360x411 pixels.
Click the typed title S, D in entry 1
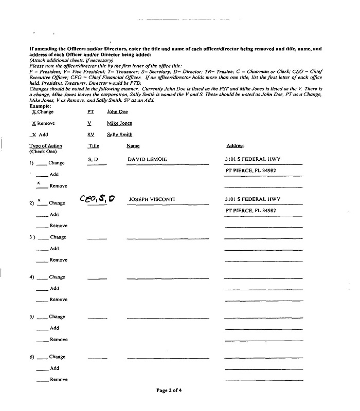click(93, 160)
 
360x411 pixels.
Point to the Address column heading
click(235, 146)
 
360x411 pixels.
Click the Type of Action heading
click(46, 146)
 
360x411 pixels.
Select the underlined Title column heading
click(94, 146)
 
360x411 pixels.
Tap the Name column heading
click(133, 146)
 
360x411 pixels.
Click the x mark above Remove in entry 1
click(39, 182)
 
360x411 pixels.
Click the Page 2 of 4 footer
click(169, 390)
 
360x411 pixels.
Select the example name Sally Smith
click(119, 135)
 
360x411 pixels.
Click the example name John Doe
click(117, 111)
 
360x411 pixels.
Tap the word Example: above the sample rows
click(40, 106)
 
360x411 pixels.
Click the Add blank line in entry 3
click(43, 251)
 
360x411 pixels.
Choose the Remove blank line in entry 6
click(43, 382)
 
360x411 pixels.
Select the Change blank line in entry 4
click(43, 279)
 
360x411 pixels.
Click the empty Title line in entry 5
click(97, 319)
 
